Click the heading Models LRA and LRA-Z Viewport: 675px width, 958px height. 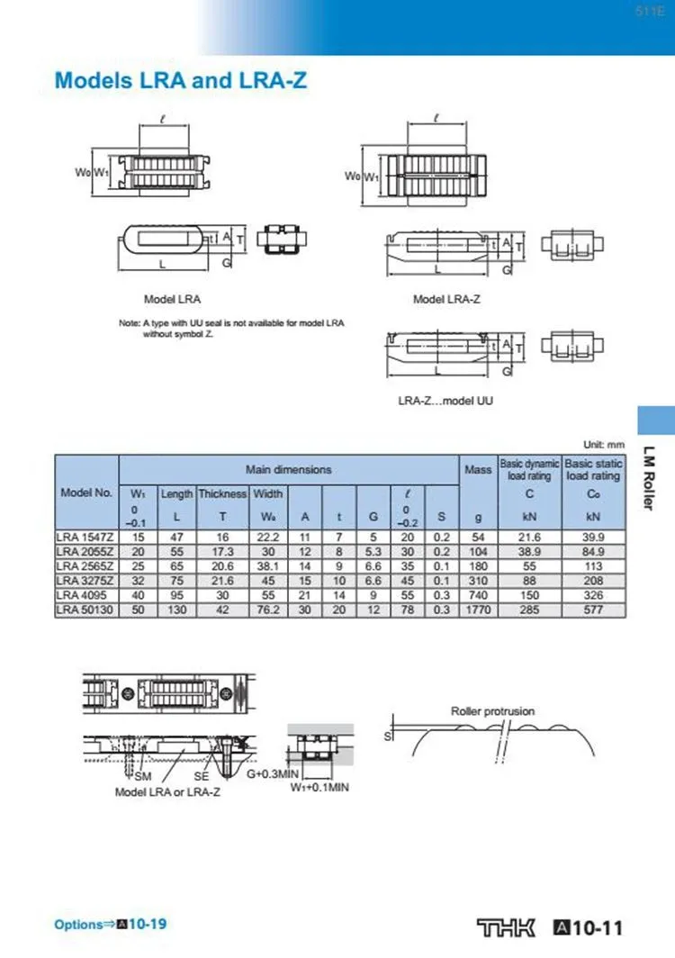point(181,80)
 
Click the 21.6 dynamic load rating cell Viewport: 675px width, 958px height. point(530,538)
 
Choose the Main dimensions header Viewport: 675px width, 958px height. point(288,469)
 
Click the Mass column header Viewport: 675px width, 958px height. point(478,469)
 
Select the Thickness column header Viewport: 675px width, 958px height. point(222,493)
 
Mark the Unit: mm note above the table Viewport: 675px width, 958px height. point(603,445)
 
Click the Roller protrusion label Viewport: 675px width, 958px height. point(492,711)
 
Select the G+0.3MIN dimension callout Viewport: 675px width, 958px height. point(272,773)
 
